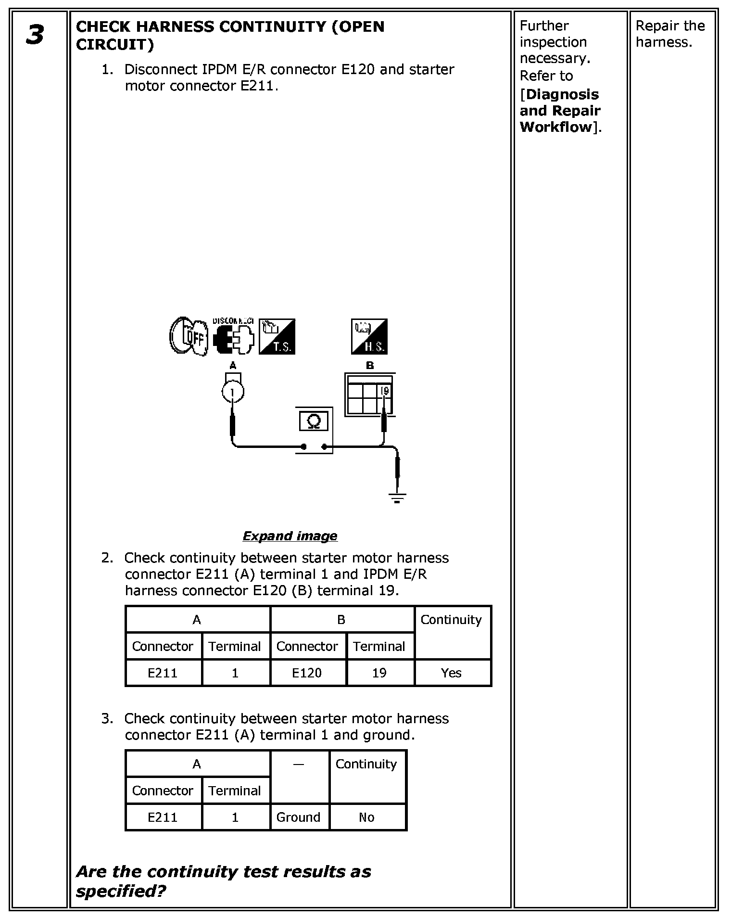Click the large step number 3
coord(35,35)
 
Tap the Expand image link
coord(290,536)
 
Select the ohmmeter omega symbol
coord(314,421)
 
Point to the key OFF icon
coord(188,336)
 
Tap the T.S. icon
coord(277,337)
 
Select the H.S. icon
coord(369,337)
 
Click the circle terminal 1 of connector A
coord(233,392)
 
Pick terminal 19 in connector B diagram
coord(384,391)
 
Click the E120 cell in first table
coord(307,673)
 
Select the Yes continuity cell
coord(451,673)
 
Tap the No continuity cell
coord(366,817)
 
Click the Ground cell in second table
coord(298,817)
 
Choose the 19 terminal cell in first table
coord(379,673)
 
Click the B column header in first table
coord(341,620)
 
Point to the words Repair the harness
coord(670,34)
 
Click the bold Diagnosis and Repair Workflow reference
coord(560,111)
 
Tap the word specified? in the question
coord(121,891)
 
